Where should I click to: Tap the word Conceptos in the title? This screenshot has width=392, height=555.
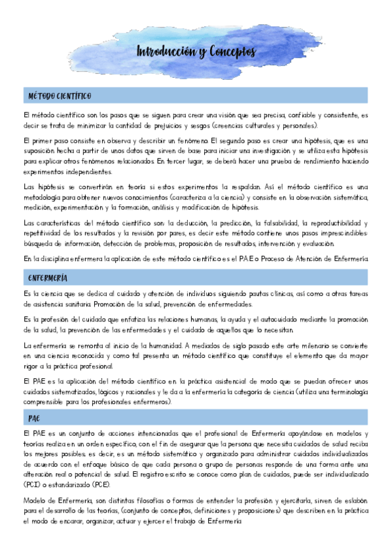(x=233, y=52)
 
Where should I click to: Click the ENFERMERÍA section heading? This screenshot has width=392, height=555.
(x=48, y=278)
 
